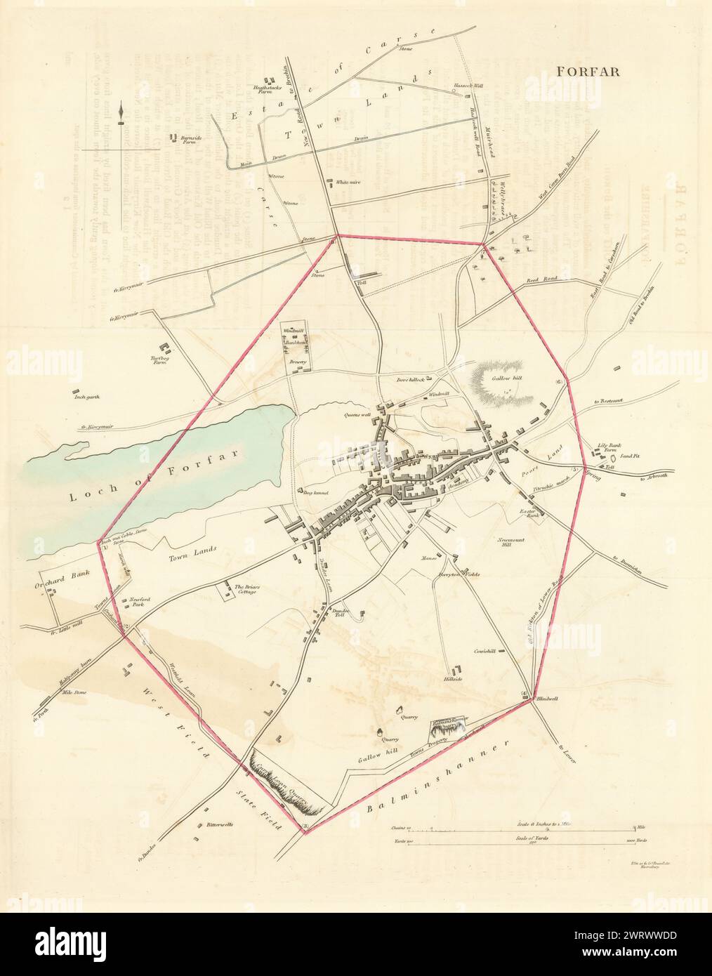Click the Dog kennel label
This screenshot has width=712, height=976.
317,492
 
